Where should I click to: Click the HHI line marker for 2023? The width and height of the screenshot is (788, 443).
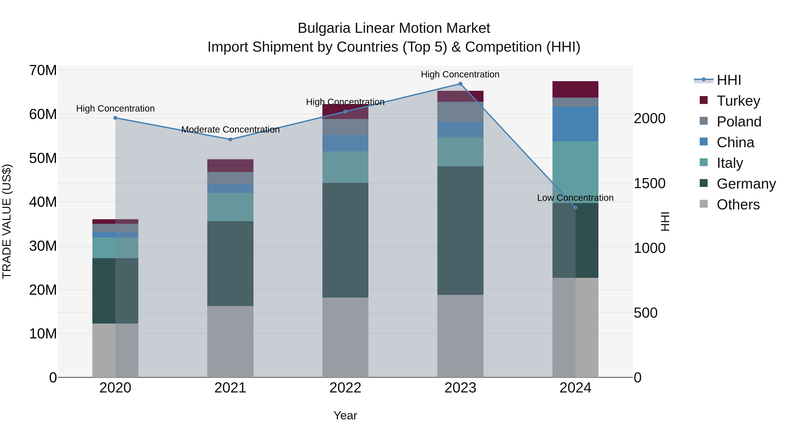[x=460, y=84]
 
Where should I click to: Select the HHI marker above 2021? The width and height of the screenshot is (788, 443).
[x=230, y=139]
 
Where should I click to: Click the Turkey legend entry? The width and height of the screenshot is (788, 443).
[x=738, y=101]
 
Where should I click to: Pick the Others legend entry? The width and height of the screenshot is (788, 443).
[x=738, y=204]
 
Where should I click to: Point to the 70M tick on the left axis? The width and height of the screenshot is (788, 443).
[x=43, y=70]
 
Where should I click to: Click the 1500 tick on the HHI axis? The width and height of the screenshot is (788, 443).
[x=649, y=184]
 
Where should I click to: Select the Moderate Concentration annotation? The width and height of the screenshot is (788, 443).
[x=230, y=130]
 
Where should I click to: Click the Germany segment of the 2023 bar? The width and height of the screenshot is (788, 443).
[x=460, y=231]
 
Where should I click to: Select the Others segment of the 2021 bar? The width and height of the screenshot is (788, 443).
[x=230, y=341]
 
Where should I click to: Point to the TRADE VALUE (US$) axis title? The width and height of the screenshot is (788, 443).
[x=7, y=221]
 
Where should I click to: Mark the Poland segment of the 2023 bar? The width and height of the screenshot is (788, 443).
[x=460, y=112]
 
